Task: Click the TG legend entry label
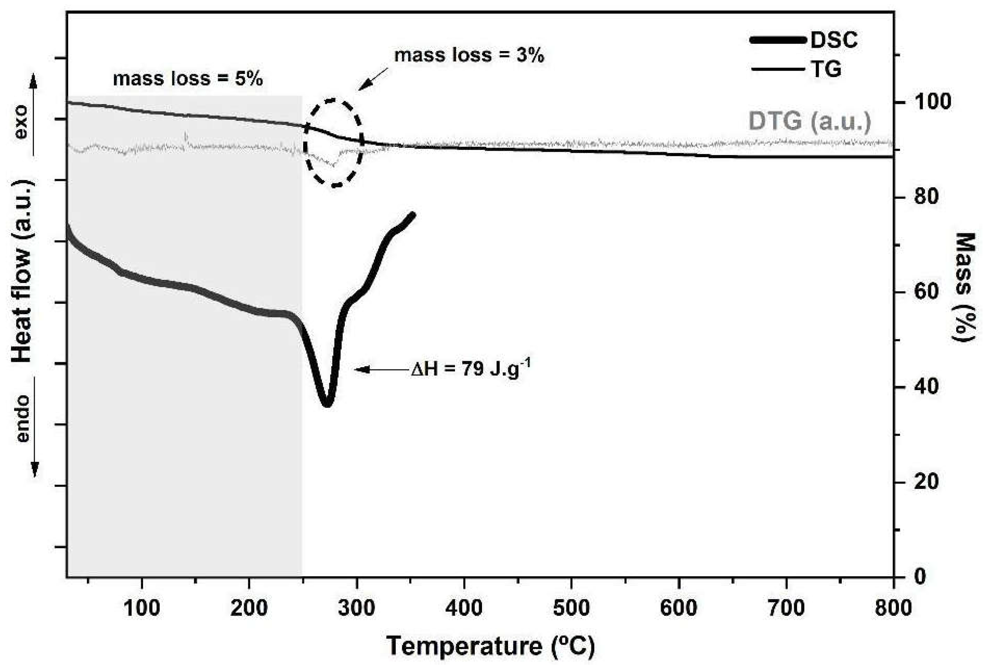pos(826,69)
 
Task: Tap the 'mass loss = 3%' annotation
pos(469,55)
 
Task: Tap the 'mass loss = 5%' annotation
pos(188,79)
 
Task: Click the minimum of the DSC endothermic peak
pos(327,404)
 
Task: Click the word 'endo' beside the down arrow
pos(22,419)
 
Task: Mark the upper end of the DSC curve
pos(412,215)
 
